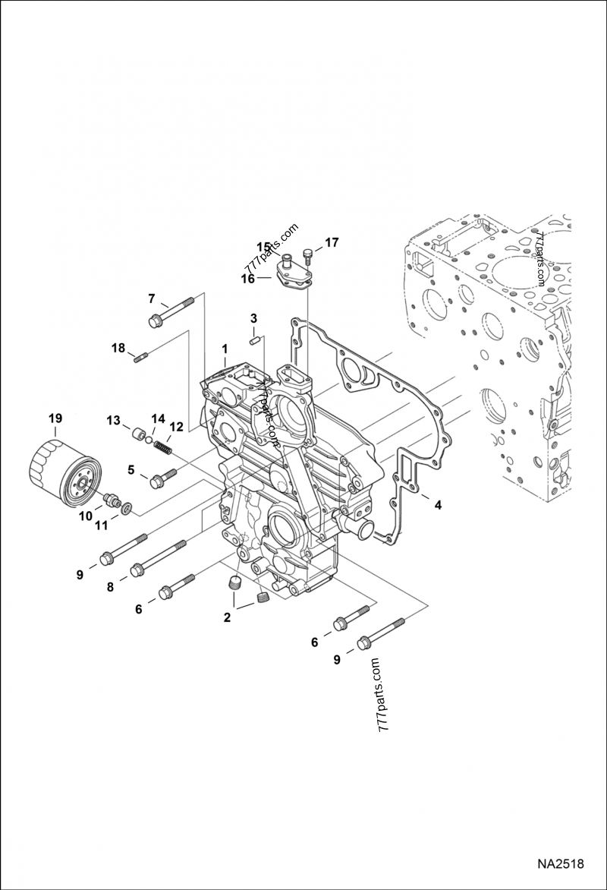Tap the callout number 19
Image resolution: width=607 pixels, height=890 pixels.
pyautogui.click(x=55, y=418)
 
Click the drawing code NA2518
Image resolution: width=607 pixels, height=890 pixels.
pyautogui.click(x=560, y=864)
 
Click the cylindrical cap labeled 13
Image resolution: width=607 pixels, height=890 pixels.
pyautogui.click(x=138, y=435)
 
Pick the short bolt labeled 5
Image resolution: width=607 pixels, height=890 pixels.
pyautogui.click(x=163, y=478)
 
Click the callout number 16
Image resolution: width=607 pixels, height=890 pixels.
pyautogui.click(x=247, y=279)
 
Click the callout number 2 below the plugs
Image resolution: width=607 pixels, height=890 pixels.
pyautogui.click(x=227, y=617)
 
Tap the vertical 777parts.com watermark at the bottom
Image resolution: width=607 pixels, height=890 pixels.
pyautogui.click(x=382, y=695)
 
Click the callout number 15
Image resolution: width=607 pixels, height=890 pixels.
pyautogui.click(x=263, y=247)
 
